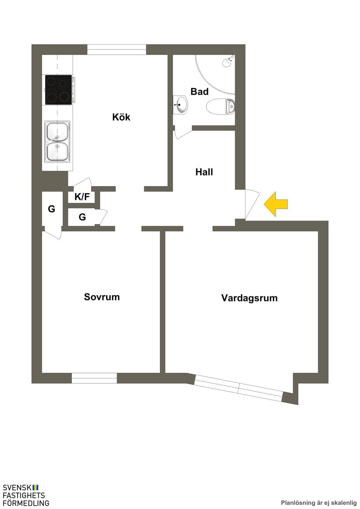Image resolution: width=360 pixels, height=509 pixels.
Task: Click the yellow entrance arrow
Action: pos(276,204)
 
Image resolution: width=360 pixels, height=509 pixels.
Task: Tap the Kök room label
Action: pos(121,117)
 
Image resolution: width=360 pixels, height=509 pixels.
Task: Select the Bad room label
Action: pos(199,92)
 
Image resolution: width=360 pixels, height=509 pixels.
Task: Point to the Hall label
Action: pos(204,172)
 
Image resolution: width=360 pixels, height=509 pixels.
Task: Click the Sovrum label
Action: pos(102,297)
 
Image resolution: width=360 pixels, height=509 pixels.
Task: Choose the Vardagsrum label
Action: pos(250,298)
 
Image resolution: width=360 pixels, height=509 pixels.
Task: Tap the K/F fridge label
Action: pos(82,197)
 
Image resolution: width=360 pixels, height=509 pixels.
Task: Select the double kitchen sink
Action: pos(57,142)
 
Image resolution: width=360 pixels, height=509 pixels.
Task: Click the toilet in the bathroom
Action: pos(220,106)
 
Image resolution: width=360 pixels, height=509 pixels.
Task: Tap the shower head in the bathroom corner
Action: pos(229,61)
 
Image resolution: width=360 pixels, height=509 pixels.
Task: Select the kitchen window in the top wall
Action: pos(117,50)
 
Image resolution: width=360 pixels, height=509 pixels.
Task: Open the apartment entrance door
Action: pos(252,204)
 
